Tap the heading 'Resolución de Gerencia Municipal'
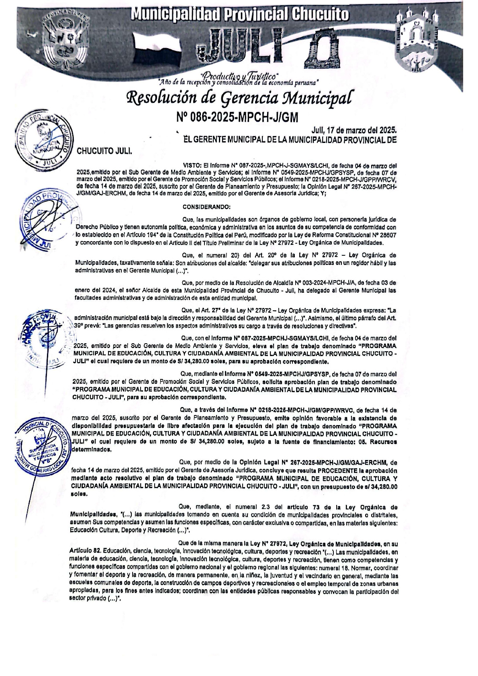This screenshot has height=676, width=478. tap(240, 98)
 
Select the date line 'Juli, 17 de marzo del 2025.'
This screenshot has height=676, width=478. tap(354, 130)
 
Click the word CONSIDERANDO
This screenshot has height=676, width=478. tap(206, 207)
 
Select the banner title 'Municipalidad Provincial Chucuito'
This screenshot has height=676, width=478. tap(240, 15)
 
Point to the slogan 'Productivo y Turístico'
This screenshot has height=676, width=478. tap(240, 75)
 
